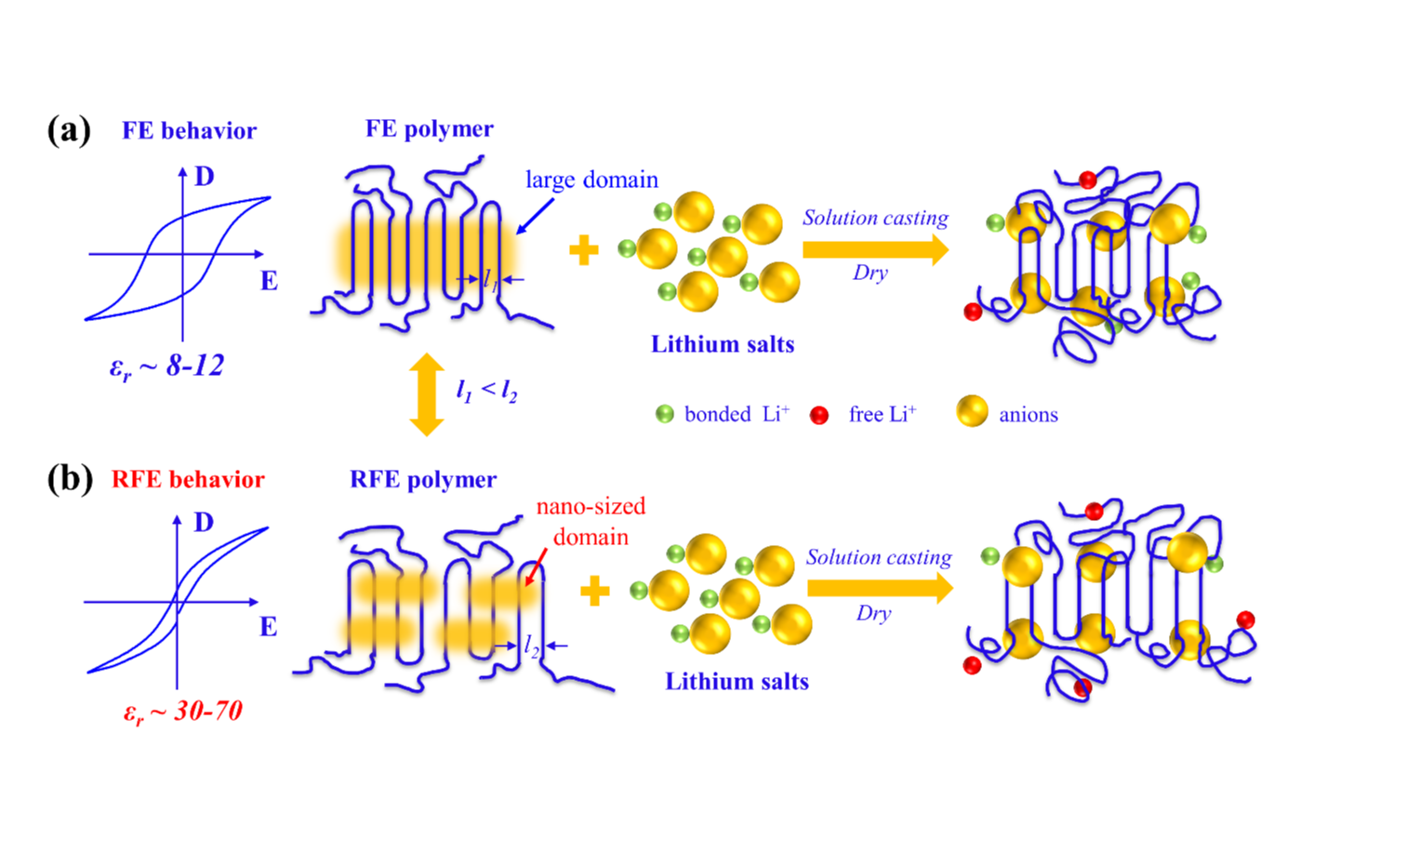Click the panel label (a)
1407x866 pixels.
coord(69,130)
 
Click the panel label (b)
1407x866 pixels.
coord(70,478)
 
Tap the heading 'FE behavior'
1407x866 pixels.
coord(189,130)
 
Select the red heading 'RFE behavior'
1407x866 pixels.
coord(188,479)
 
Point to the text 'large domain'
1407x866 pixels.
coord(591,180)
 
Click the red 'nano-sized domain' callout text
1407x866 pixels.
coord(591,521)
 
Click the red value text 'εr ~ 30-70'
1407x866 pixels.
coord(182,713)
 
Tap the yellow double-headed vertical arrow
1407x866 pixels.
coord(427,394)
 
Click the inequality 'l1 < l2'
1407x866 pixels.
coord(486,391)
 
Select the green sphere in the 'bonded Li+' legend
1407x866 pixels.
coord(664,414)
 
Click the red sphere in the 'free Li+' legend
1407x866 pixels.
coord(819,415)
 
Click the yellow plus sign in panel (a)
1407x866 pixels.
coord(583,249)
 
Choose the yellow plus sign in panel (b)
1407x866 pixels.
coord(594,591)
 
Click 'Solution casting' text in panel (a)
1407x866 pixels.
coord(875,218)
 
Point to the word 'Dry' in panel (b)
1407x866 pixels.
coord(873,613)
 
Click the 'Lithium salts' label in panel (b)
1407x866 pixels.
coord(737,682)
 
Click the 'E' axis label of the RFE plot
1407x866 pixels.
coord(268,627)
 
